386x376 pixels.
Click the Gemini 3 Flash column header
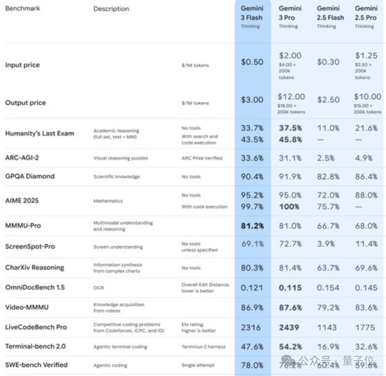tap(252, 13)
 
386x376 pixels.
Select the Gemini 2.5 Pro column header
tap(366, 13)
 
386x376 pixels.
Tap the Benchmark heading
tap(23, 8)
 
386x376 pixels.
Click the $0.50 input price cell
tap(252, 62)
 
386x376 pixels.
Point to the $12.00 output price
tap(291, 97)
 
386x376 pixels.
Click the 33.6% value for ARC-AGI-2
tap(252, 158)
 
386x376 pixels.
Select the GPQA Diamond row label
tap(30, 176)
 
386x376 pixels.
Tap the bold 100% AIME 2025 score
tap(289, 206)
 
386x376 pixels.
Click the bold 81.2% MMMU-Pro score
tap(252, 226)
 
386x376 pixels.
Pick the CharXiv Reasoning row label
tap(35, 268)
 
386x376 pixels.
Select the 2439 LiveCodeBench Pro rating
tap(289, 327)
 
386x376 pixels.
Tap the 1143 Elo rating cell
tap(326, 327)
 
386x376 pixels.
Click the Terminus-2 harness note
tap(203, 347)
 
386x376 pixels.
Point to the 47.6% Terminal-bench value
tap(252, 347)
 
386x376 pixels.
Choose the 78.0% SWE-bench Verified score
tap(252, 365)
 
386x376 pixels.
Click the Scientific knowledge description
tap(117, 177)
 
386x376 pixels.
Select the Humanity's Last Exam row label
tap(39, 133)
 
